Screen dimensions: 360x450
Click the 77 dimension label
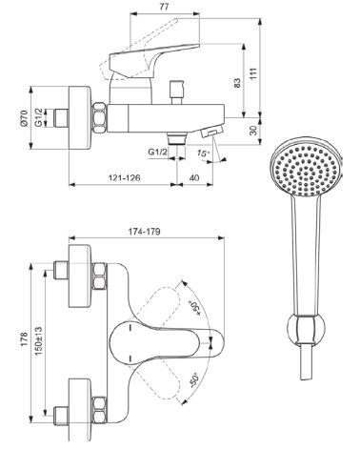(164, 7)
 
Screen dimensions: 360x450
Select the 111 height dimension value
(253, 73)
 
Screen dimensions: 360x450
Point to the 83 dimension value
(237, 83)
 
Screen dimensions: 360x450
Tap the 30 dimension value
(253, 131)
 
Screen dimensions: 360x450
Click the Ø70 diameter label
(24, 118)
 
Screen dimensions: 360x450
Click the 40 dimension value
(194, 177)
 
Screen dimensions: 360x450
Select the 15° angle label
(203, 153)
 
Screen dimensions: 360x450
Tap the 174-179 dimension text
(145, 232)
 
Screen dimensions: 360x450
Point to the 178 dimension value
(24, 339)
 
